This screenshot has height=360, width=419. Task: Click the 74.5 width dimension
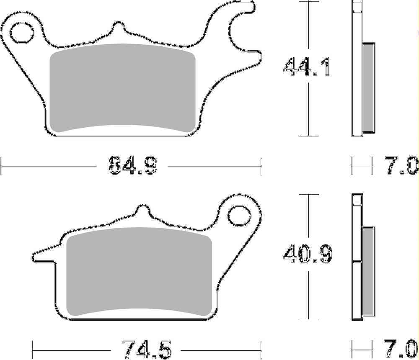[147, 348]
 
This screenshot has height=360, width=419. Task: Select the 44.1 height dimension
[307, 67]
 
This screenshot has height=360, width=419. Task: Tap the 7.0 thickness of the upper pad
[401, 165]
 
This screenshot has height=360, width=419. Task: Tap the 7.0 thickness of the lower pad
[401, 348]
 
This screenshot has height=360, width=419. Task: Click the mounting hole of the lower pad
[240, 214]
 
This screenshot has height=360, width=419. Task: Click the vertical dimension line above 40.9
[309, 218]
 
